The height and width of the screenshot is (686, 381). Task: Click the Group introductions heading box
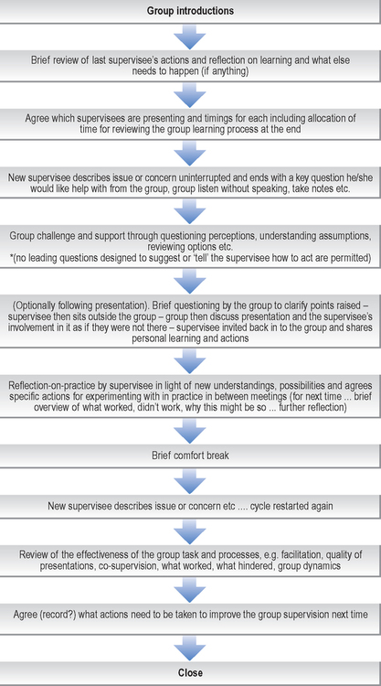click(x=190, y=11)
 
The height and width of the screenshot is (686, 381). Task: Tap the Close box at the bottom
click(x=190, y=672)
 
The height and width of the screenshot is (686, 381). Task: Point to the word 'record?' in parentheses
click(x=65, y=615)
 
